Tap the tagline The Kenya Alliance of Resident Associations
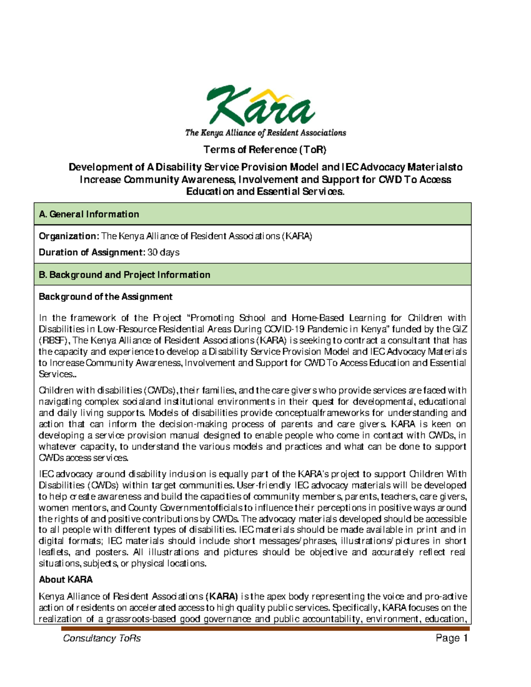point(265,133)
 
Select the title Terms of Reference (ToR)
point(265,150)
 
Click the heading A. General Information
point(89,214)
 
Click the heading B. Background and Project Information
point(124,275)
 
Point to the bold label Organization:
point(69,236)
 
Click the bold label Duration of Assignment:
point(92,253)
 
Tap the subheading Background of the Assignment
point(105,297)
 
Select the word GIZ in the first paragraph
point(460,329)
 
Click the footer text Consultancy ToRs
point(102,638)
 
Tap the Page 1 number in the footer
point(451,638)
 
